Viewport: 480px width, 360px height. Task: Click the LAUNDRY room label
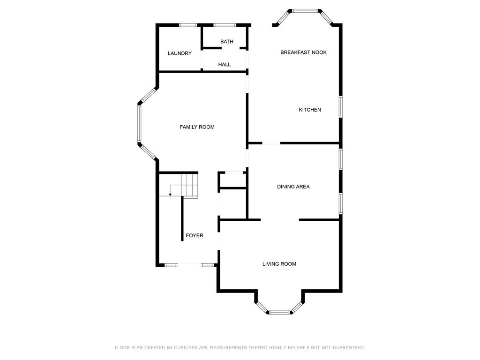180,53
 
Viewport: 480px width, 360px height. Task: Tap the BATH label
227,42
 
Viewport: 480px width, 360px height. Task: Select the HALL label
225,64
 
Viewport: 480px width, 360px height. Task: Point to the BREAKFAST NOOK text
303,52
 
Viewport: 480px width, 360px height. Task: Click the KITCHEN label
310,110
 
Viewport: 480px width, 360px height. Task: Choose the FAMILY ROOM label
197,127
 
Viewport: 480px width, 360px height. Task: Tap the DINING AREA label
293,187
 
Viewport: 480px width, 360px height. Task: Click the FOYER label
195,235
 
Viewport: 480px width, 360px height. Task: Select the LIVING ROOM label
279,264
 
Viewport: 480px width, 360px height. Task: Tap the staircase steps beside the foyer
190,185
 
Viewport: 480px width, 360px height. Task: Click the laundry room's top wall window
188,25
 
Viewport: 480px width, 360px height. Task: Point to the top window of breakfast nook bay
305,10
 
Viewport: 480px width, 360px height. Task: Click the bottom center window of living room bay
279,312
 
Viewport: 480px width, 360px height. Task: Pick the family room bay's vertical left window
139,124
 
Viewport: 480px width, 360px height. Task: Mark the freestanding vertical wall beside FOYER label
182,218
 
